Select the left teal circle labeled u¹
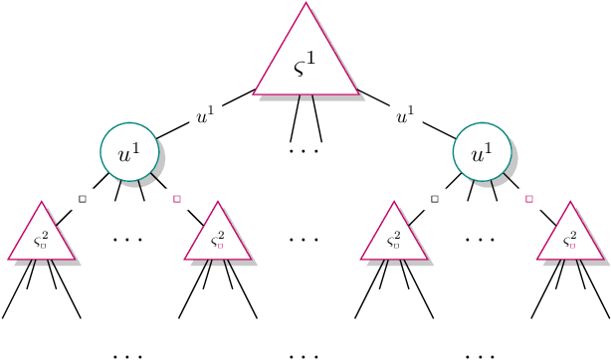[x=129, y=153]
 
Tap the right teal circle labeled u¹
[x=482, y=153]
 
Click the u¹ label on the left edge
[x=206, y=117]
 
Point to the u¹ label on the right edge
[x=405, y=117]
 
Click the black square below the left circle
[x=83, y=199]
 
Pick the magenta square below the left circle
[x=176, y=199]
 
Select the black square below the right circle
[x=435, y=199]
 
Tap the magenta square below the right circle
[x=528, y=199]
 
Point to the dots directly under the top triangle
[x=305, y=151]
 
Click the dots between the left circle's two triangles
[x=129, y=240]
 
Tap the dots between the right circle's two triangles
[x=482, y=240]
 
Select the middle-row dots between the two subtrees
[x=305, y=240]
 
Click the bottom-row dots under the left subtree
[x=129, y=354]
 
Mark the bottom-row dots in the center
[x=305, y=354]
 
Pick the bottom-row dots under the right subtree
[x=482, y=354]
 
